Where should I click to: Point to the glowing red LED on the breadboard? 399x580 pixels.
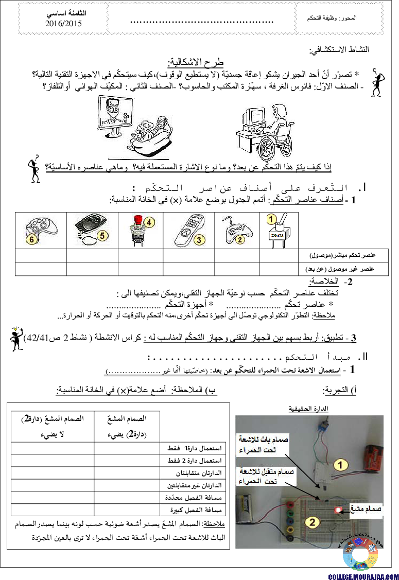coord(338,510)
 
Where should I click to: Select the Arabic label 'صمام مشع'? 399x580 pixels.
coord(366,509)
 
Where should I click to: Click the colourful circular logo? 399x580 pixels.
coord(360,556)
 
